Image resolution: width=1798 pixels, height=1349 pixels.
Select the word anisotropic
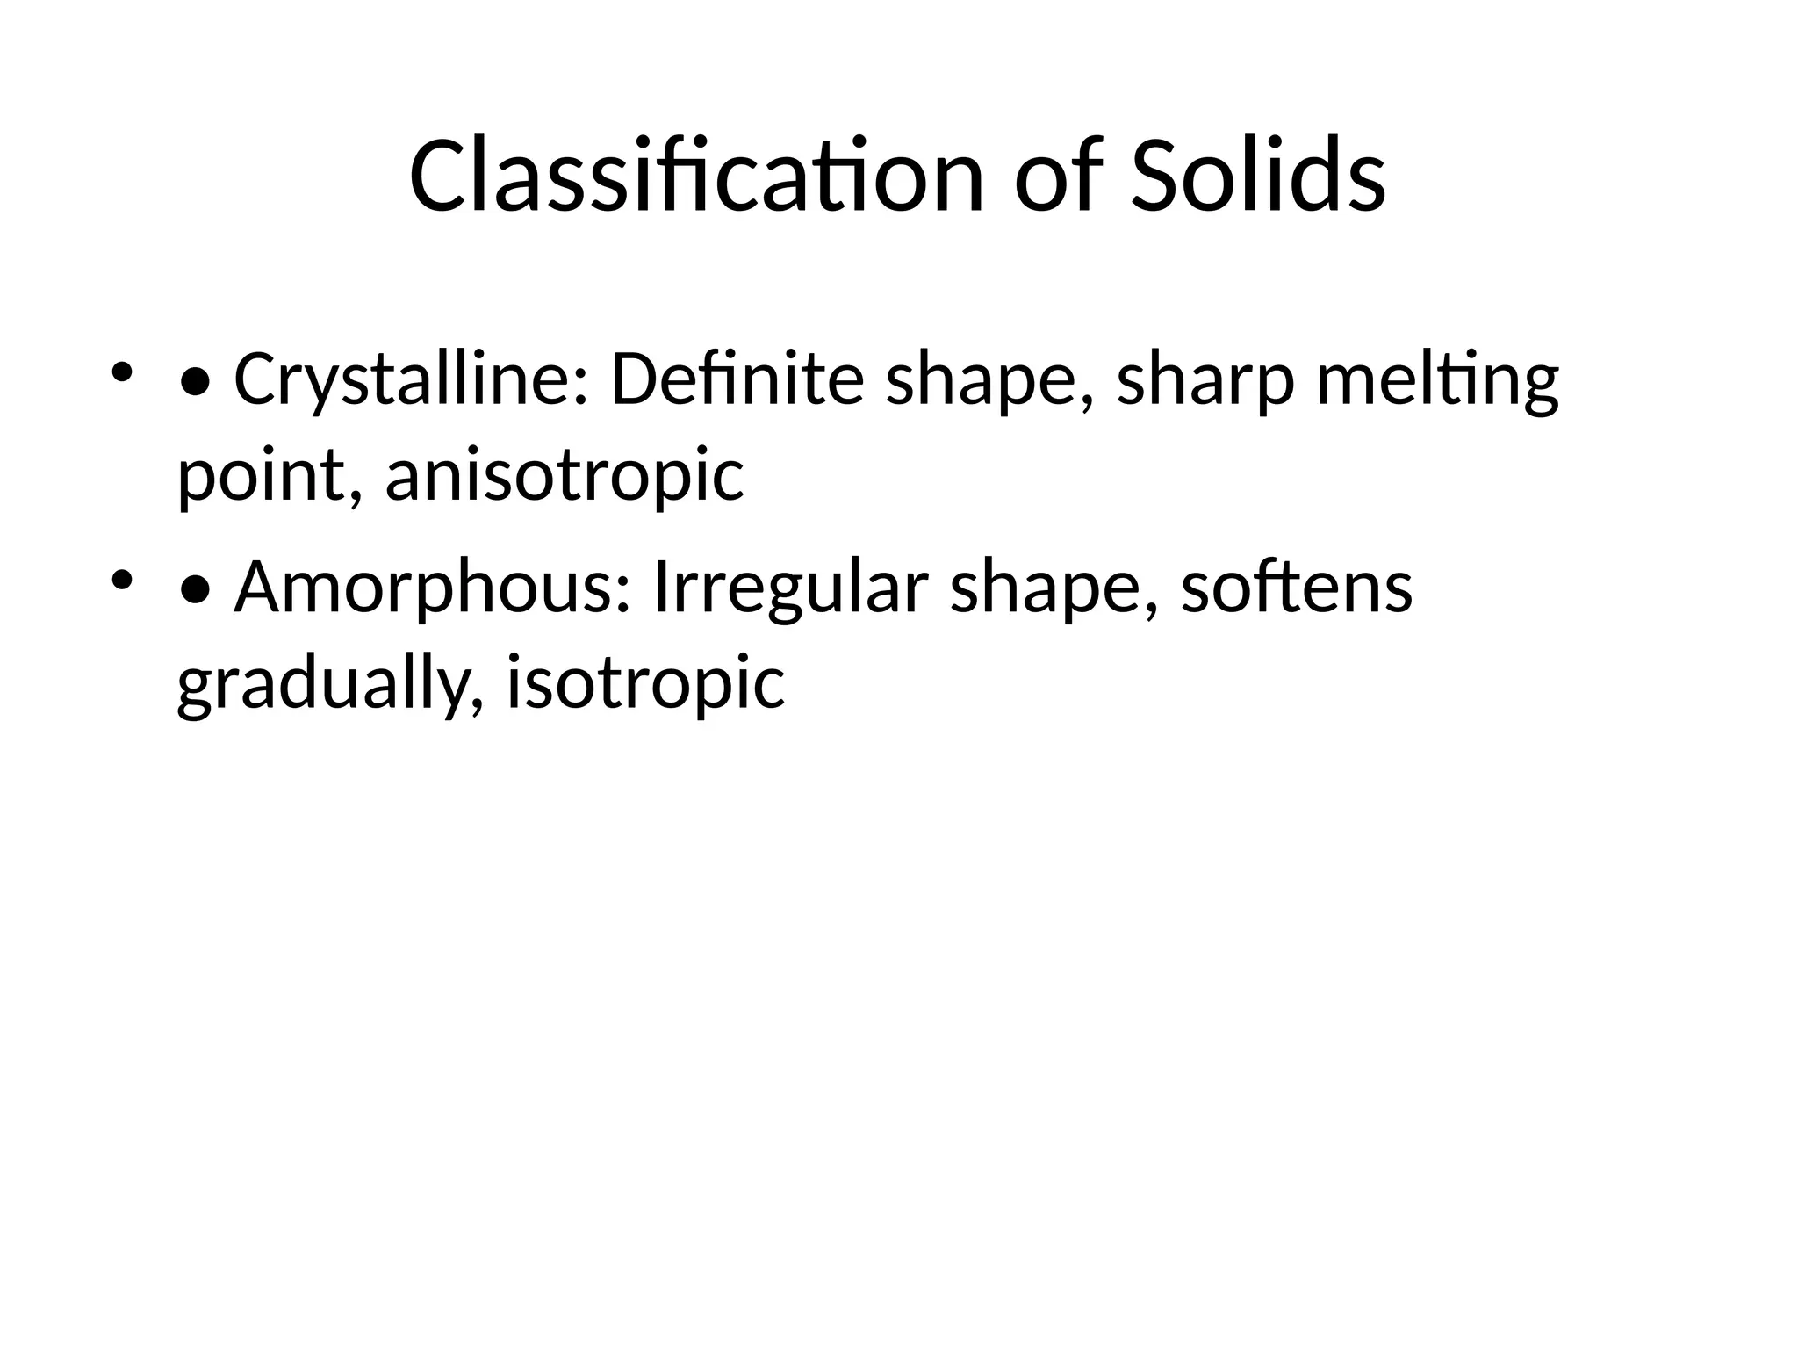pyautogui.click(x=565, y=477)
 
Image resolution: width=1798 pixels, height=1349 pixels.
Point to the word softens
pyautogui.click(x=1297, y=588)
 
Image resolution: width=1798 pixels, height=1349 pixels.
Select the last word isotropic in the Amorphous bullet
pyautogui.click(x=645, y=684)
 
